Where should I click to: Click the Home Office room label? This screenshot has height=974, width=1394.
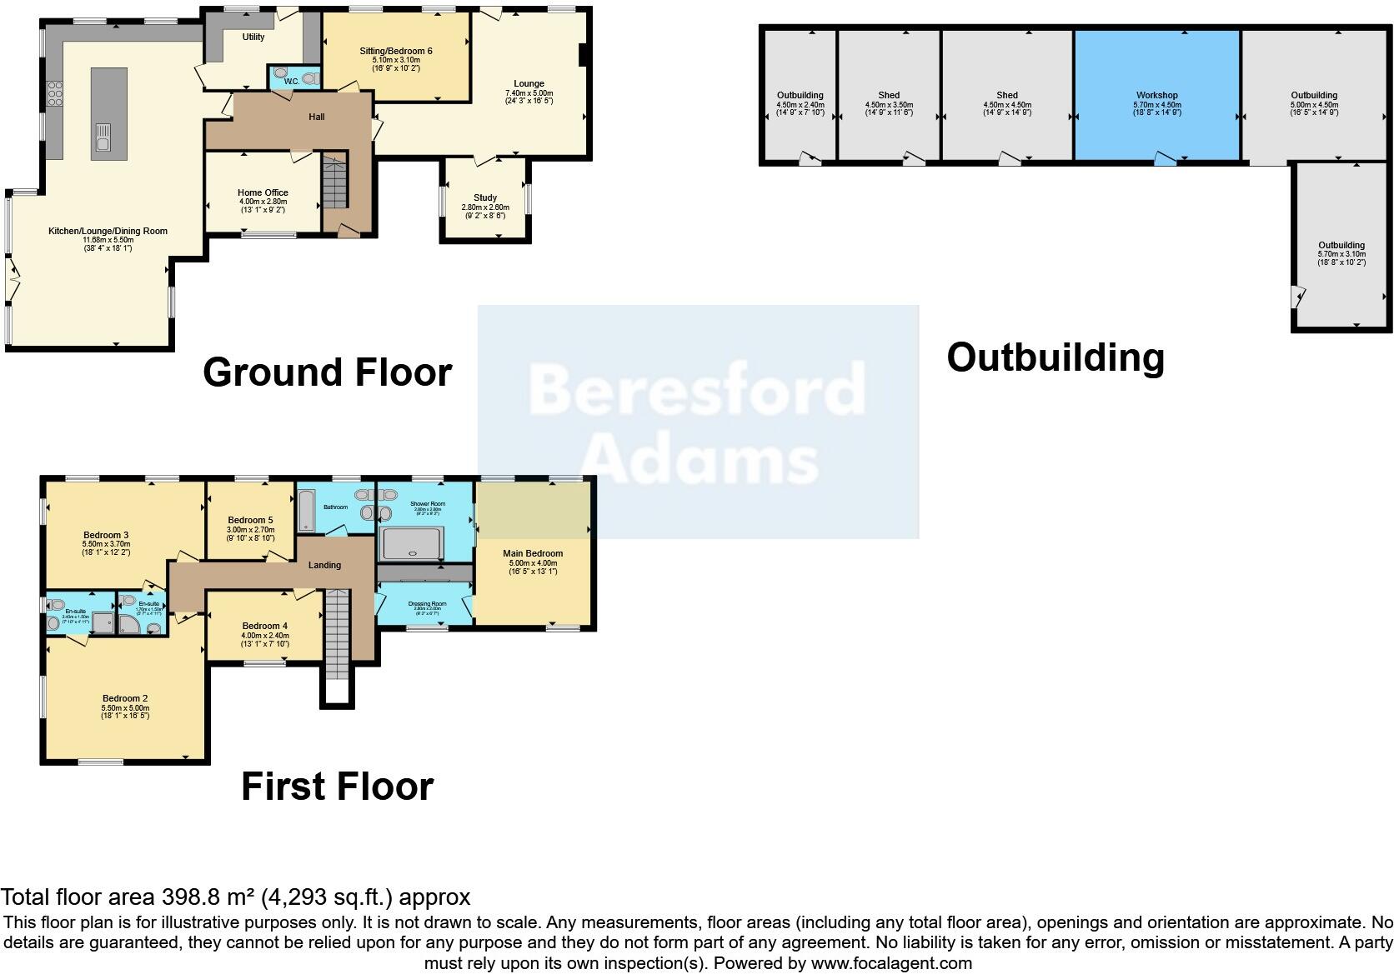pyautogui.click(x=263, y=192)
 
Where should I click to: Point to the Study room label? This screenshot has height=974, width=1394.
pyautogui.click(x=484, y=198)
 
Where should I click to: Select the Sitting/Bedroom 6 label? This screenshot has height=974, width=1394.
pyautogui.click(x=396, y=51)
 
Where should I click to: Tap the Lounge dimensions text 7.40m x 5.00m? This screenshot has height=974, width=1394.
pyautogui.click(x=529, y=92)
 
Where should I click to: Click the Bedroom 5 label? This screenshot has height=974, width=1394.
pyautogui.click(x=250, y=520)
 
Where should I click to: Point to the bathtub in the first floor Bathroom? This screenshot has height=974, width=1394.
pyautogui.click(x=305, y=510)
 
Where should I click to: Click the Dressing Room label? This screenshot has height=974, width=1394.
pyautogui.click(x=427, y=603)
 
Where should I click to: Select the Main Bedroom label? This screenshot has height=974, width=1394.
pyautogui.click(x=532, y=553)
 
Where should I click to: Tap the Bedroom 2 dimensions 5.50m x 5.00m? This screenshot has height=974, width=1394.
pyautogui.click(x=125, y=707)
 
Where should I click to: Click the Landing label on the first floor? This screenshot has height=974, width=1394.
pyautogui.click(x=324, y=565)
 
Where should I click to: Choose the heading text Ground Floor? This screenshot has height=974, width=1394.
pyautogui.click(x=327, y=372)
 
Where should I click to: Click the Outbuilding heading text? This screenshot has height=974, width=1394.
pyautogui.click(x=1055, y=357)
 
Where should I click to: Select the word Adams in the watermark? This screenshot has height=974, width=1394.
pyautogui.click(x=699, y=461)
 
